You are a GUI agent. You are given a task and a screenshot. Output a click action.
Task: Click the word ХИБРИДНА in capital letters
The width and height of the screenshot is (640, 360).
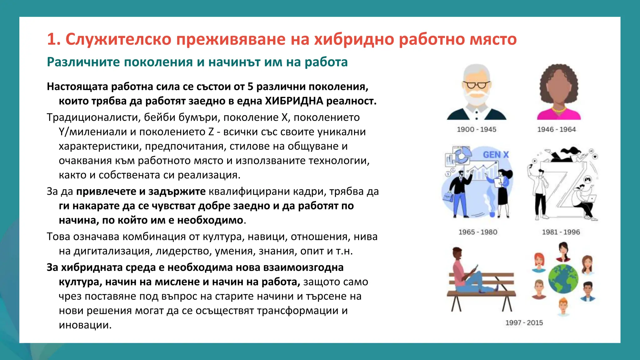tap(294, 101)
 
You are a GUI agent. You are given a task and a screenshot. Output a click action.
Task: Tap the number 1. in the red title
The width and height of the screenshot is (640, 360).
tap(54, 39)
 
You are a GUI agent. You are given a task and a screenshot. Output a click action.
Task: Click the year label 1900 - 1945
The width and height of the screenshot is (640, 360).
tap(477, 129)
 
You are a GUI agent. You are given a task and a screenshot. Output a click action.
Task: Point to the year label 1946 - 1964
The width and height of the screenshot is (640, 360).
tap(557, 129)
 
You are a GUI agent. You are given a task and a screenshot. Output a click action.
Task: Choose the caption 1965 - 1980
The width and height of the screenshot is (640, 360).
tap(478, 232)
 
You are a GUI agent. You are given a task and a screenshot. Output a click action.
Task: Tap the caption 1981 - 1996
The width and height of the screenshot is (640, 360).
tap(561, 232)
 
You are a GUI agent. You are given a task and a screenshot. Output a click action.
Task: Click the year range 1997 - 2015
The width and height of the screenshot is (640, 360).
tap(524, 323)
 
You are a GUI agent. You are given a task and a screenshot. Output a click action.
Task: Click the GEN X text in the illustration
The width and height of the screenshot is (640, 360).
tap(496, 155)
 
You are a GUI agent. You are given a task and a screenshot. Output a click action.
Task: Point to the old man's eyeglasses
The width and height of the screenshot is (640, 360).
tap(477, 85)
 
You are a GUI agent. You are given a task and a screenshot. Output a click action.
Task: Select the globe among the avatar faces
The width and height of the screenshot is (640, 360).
tap(563, 279)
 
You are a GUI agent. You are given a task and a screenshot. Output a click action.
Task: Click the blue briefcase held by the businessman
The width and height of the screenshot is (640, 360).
tap(448, 197)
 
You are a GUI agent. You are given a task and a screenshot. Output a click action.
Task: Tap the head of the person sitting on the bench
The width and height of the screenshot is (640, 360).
tap(457, 253)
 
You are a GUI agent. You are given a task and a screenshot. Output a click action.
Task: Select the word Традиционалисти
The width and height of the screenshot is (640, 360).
tap(92, 117)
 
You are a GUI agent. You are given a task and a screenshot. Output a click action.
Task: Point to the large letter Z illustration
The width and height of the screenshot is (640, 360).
tap(562, 187)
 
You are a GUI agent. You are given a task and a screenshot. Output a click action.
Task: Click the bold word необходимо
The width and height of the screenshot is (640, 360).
tap(210, 220)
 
